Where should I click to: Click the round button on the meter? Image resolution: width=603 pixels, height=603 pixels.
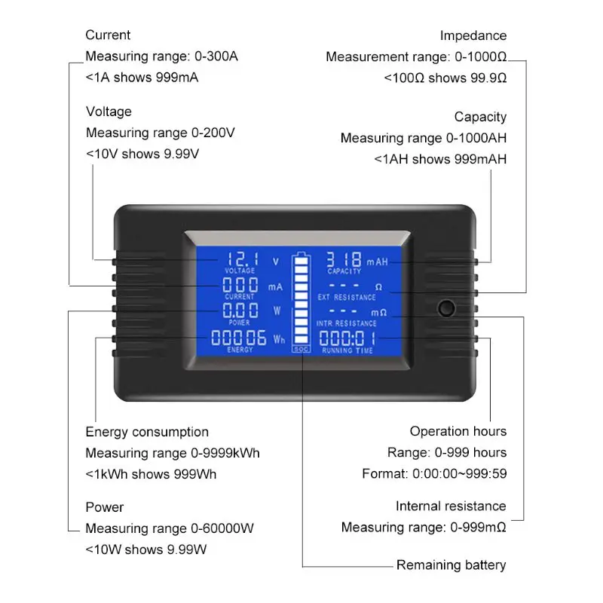tap(446, 309)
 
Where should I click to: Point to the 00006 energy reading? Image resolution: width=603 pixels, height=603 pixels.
tap(238, 337)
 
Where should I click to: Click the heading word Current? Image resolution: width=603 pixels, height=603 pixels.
tap(108, 35)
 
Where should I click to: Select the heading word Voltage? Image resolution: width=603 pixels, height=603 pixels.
tap(109, 112)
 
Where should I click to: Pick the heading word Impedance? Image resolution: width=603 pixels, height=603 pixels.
tap(473, 35)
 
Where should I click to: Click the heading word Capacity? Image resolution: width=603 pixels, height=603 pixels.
tap(480, 117)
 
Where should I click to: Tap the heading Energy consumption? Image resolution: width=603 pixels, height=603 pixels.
tap(147, 432)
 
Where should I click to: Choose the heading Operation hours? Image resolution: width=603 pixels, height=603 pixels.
tap(458, 431)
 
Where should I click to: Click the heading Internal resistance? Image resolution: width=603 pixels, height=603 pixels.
tap(451, 506)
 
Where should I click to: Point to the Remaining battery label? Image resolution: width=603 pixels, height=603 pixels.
tap(451, 565)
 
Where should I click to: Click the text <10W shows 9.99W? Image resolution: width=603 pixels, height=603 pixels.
tap(145, 549)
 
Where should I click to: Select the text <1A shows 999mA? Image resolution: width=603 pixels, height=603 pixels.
tap(142, 78)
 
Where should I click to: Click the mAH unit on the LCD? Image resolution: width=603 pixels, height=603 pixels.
tap(378, 262)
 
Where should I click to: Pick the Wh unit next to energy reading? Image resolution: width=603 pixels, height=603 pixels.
tap(280, 340)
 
